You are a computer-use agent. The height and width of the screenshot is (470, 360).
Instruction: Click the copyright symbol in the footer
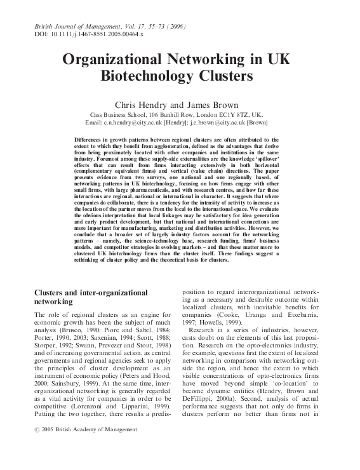click(x=36, y=429)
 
